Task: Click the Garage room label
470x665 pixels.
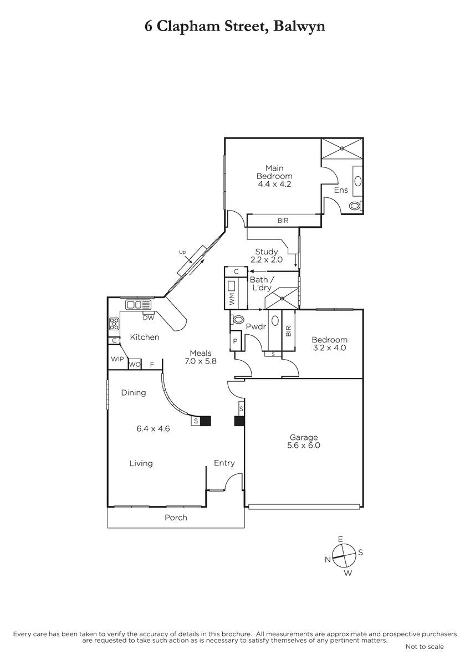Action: [303, 437]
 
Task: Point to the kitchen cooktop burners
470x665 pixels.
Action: [114, 324]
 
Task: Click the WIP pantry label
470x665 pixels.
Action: [117, 359]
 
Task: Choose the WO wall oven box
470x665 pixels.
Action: [135, 364]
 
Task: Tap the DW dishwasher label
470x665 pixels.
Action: [149, 318]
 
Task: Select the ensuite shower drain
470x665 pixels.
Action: [342, 148]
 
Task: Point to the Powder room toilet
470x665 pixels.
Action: [237, 319]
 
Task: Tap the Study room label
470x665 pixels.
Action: [267, 252]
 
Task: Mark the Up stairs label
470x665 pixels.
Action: [182, 252]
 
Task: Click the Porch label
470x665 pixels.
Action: [176, 518]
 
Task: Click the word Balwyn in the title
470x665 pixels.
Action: [299, 26]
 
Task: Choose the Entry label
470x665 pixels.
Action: [224, 463]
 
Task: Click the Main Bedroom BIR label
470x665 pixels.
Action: [283, 221]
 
